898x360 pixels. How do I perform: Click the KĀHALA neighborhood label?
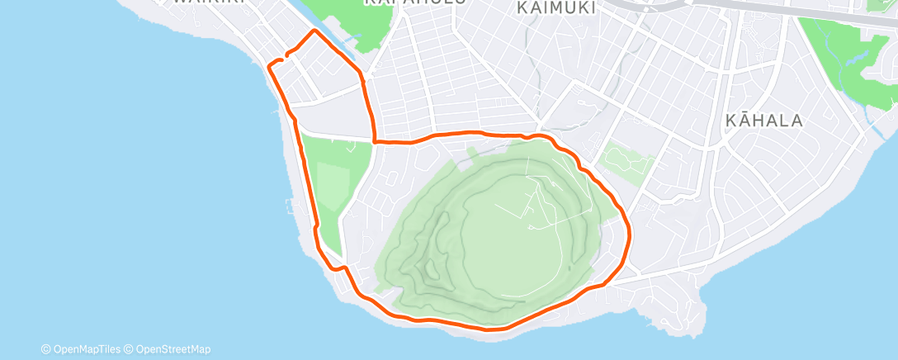coord(763,121)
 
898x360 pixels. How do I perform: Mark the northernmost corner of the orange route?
coord(314,31)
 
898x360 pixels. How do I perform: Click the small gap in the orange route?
coord(283,58)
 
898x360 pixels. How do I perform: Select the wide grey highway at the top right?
coord(792,10)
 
